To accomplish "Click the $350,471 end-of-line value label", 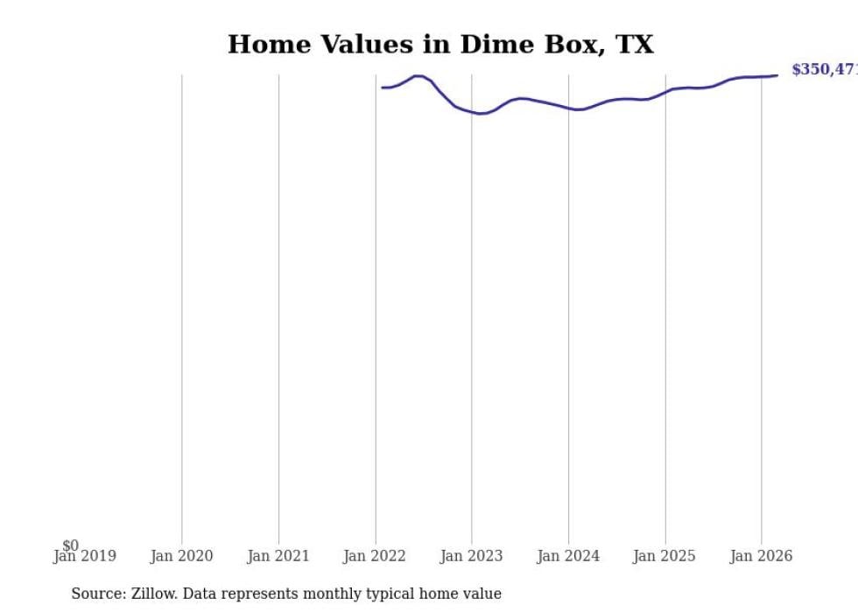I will (x=824, y=70).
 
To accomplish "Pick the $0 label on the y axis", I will (x=70, y=545).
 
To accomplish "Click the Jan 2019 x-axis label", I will (x=84, y=556).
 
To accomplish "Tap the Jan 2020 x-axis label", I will (x=182, y=556).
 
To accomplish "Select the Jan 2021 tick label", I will (x=278, y=556).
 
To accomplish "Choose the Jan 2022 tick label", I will (x=375, y=556).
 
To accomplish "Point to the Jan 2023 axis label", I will (x=471, y=556).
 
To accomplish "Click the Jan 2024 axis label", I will (x=568, y=556).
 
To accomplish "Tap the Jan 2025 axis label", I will (x=665, y=556).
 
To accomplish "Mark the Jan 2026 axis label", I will (x=761, y=556).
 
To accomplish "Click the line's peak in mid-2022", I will (x=418, y=76).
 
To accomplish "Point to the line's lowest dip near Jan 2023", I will (x=480, y=114).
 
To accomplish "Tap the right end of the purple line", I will (x=777, y=75).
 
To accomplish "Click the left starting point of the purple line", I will (x=383, y=88).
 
